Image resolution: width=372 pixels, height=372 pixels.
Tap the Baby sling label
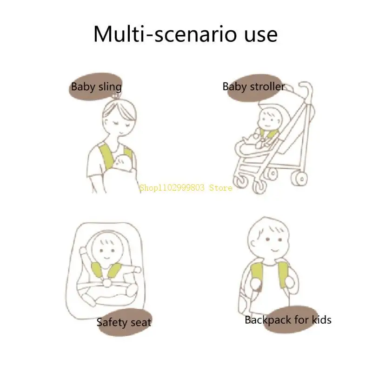point(96,86)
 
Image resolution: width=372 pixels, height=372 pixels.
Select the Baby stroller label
point(253,86)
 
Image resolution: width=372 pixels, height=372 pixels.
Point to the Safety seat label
point(124,322)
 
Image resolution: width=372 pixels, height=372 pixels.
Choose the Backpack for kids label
point(288,319)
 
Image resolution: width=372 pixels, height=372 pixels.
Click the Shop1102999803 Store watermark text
point(186,188)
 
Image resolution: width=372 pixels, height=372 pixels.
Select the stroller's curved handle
point(305,88)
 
